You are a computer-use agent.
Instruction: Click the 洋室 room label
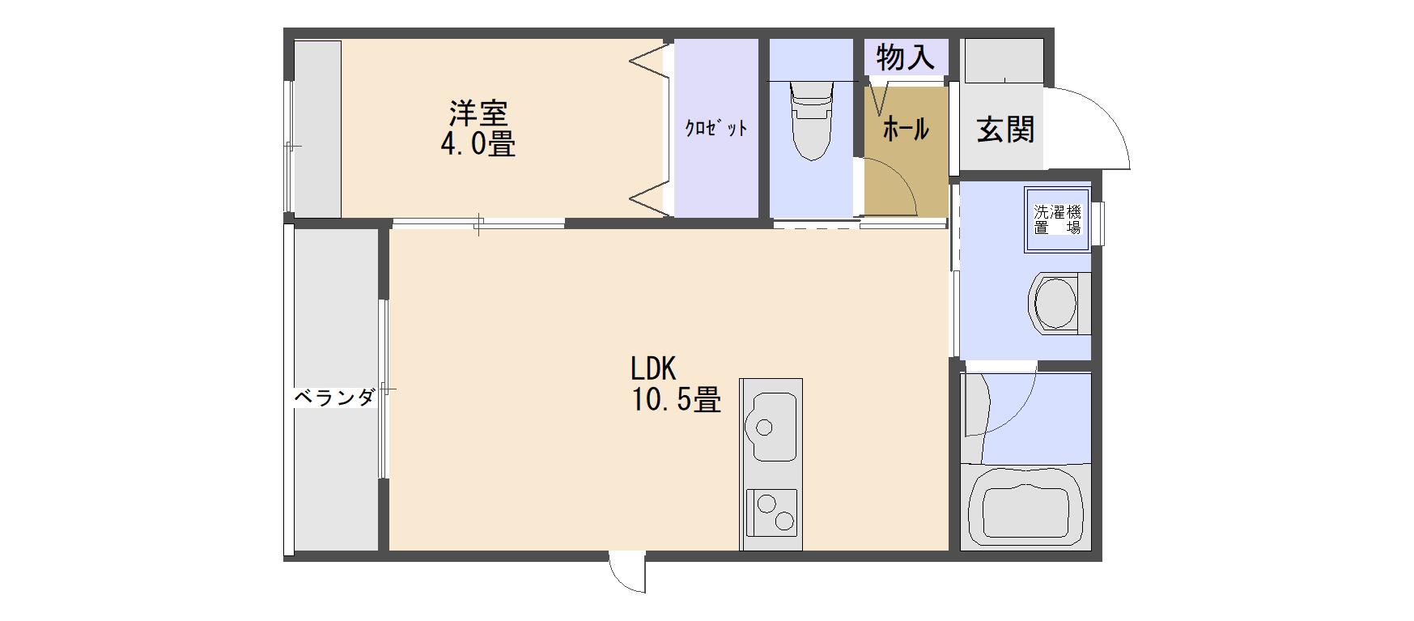(x=478, y=112)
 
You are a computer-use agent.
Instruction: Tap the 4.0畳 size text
(x=478, y=144)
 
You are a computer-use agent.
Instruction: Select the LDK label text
(x=653, y=369)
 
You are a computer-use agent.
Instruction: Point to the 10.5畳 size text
(x=676, y=400)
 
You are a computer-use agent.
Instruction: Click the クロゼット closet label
(x=715, y=128)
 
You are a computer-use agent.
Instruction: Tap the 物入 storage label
(x=906, y=57)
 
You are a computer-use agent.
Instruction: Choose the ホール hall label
(x=905, y=129)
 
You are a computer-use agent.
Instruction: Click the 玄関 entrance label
(x=1005, y=129)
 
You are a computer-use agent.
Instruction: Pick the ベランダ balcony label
(x=333, y=398)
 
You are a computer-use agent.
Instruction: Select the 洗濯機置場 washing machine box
(x=1058, y=219)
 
